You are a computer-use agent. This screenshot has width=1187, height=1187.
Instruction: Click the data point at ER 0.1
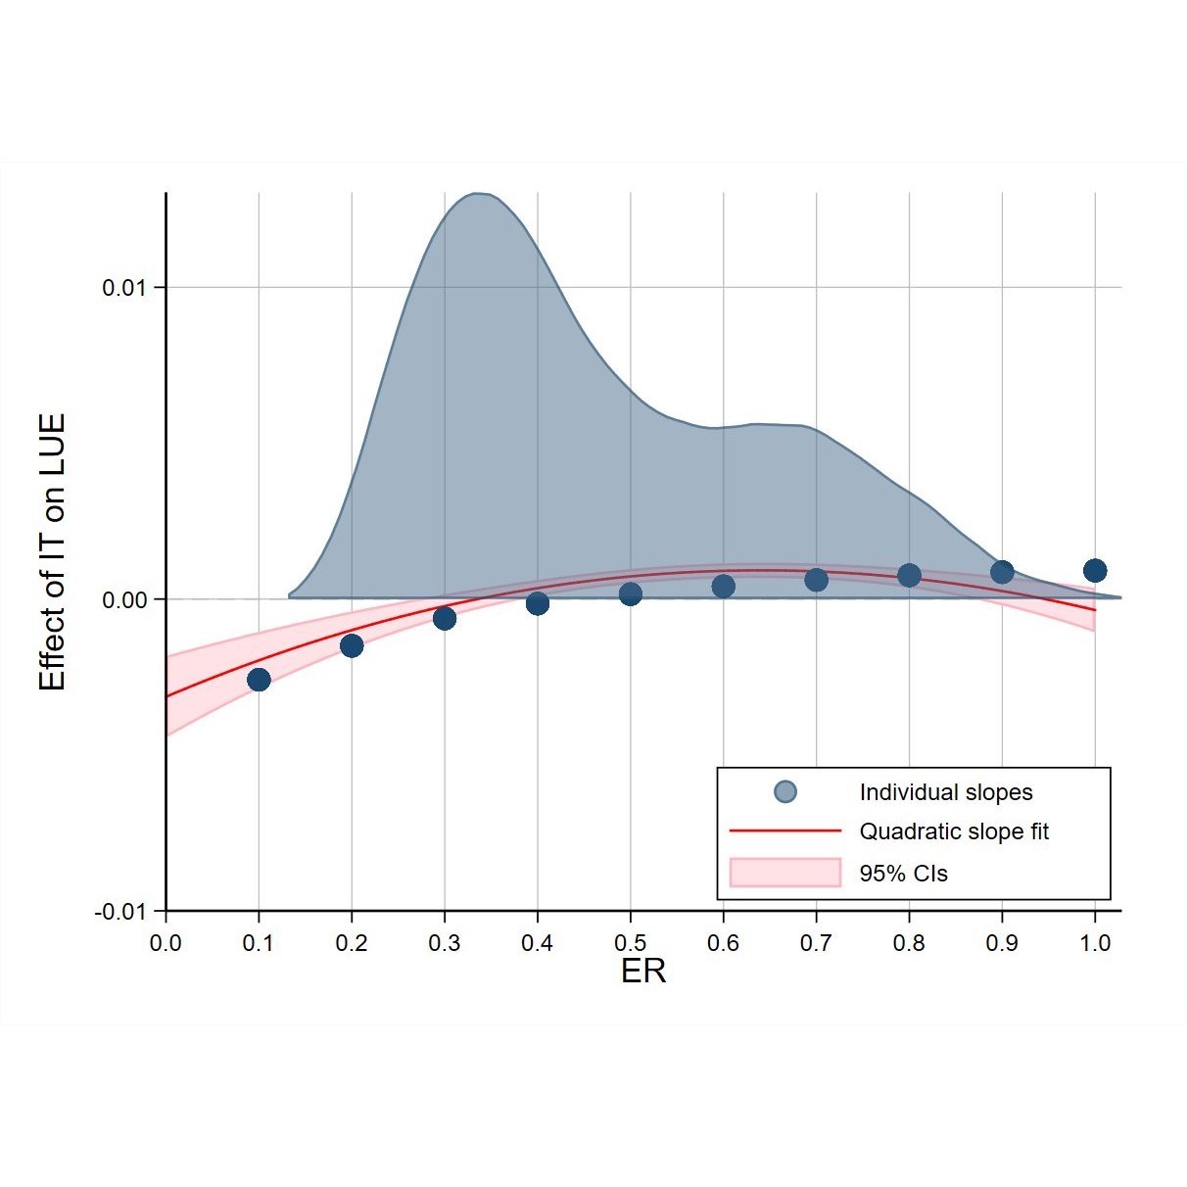pos(259,680)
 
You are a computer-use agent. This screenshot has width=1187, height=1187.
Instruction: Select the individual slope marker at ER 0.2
pos(352,645)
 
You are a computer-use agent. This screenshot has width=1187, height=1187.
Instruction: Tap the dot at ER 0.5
pos(631,593)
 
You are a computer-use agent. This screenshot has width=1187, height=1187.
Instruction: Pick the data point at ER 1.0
pos(1095,570)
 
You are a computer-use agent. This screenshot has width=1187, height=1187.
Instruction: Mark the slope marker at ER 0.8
pos(909,575)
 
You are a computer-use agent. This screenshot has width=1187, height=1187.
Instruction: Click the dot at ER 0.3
pos(445,618)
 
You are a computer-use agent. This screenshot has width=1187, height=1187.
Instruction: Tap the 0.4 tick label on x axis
pos(537,943)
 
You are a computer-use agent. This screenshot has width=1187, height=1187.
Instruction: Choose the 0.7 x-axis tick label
pos(816,943)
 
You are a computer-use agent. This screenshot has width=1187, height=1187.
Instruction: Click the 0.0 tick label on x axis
pos(166,943)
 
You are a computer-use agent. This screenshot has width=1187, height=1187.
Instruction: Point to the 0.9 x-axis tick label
pos(1002,943)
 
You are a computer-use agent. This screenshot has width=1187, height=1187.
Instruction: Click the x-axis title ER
pos(643,971)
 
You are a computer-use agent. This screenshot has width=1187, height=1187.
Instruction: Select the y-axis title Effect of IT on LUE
pos(52,551)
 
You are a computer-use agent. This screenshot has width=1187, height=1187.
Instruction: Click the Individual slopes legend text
pos(945,792)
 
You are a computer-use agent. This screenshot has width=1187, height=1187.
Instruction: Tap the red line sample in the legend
pos(785,831)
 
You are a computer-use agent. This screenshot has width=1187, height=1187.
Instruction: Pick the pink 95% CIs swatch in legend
pos(785,872)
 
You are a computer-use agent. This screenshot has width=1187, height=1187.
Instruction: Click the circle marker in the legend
pos(785,792)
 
